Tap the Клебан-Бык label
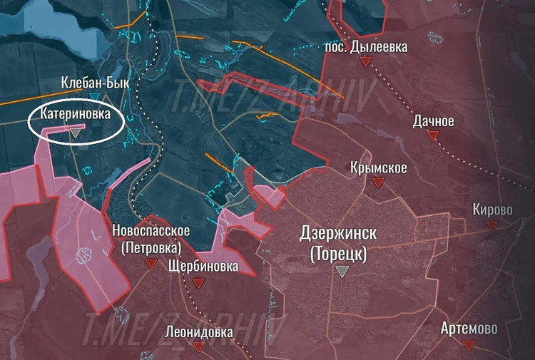[96, 83]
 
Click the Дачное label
[433, 121]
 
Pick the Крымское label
[379, 168]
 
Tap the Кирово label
[492, 210]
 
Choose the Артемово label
[469, 329]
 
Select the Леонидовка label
[198, 331]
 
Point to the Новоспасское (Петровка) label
[151, 239]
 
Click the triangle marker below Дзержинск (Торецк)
[342, 271]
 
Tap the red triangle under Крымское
[378, 182]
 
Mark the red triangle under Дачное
[432, 135]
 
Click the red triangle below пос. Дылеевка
[365, 62]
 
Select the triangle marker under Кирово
[491, 225]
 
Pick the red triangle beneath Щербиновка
[199, 283]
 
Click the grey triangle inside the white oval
[75, 132]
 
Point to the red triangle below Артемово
[469, 345]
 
